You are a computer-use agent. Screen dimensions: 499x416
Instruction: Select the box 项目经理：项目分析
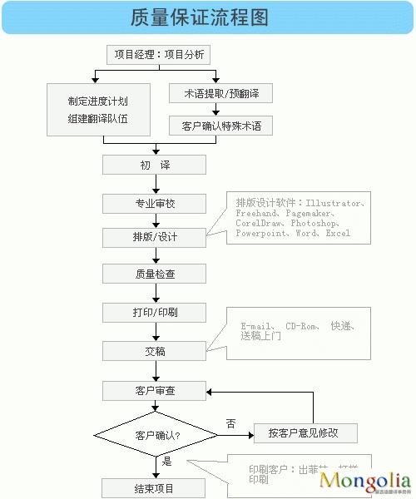(x=157, y=55)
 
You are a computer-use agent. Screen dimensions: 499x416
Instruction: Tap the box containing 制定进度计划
(x=98, y=109)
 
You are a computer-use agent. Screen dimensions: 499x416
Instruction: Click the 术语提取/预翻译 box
(x=220, y=93)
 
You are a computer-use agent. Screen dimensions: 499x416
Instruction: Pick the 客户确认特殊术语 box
(x=220, y=126)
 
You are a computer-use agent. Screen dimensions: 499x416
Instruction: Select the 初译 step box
(x=155, y=165)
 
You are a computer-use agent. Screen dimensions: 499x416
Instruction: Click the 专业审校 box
(x=155, y=203)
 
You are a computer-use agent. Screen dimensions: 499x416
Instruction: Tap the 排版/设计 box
(x=155, y=237)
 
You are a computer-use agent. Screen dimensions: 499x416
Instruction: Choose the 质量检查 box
(x=155, y=273)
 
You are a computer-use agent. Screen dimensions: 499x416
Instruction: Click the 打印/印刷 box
(x=155, y=312)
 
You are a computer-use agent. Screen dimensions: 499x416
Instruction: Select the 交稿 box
(x=155, y=351)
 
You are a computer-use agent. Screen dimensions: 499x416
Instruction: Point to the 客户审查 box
(x=155, y=389)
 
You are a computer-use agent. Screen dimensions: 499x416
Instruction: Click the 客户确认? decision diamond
(x=155, y=434)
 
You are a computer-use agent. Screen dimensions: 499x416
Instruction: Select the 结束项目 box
(x=155, y=487)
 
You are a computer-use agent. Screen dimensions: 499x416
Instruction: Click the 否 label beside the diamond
(x=230, y=423)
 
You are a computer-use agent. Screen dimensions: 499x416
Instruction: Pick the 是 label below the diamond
(x=167, y=461)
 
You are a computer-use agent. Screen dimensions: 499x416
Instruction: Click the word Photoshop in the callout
(x=314, y=224)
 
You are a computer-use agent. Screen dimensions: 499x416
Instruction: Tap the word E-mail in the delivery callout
(x=256, y=326)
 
